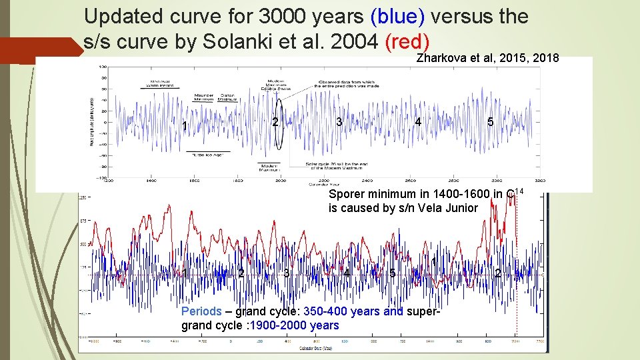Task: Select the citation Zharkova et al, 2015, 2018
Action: click(487, 58)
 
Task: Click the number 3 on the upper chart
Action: click(339, 121)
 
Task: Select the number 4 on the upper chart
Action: click(417, 122)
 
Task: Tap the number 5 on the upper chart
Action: click(490, 122)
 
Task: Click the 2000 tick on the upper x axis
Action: click(281, 181)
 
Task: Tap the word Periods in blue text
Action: click(201, 311)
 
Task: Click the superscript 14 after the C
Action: click(520, 191)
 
